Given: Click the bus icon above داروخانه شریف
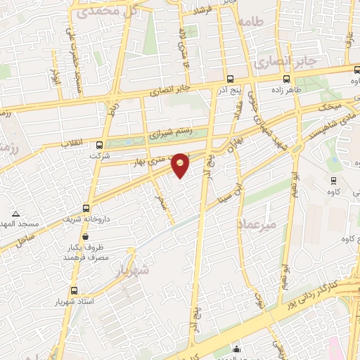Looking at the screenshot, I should click(86, 208).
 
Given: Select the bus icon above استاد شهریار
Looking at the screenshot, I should click(74, 289).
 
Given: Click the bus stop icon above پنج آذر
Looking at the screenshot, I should click(231, 79).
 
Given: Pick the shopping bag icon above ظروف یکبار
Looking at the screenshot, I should click(105, 237).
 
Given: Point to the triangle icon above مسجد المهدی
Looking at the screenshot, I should click(15, 212).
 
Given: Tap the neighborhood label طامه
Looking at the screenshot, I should click(250, 22).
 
